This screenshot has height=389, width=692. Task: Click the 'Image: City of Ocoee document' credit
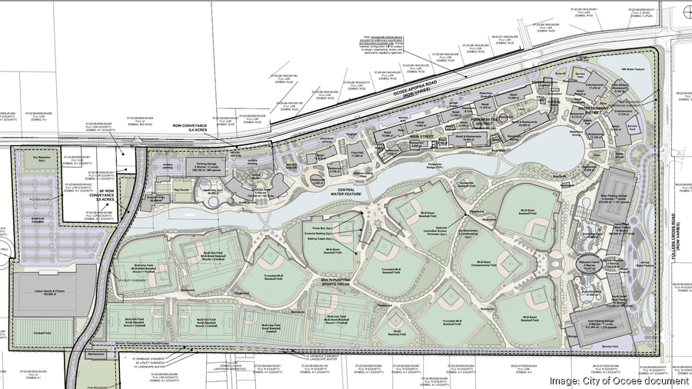tap(618, 381)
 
